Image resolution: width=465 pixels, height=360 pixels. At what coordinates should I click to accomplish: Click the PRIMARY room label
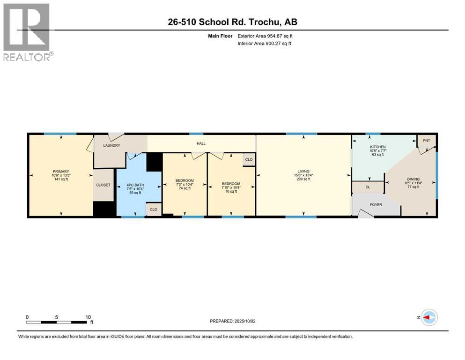61,172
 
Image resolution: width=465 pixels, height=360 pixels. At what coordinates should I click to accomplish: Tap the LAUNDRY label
112,145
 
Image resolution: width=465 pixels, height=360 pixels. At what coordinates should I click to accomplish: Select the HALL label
201,144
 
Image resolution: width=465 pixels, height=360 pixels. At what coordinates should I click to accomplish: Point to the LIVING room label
303,172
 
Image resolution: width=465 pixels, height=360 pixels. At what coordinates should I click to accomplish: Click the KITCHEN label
377,147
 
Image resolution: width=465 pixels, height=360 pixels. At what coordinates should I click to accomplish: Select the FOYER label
376,204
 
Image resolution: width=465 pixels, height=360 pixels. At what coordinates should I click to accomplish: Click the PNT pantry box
426,141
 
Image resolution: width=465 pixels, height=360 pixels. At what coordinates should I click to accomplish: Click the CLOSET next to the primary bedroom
103,185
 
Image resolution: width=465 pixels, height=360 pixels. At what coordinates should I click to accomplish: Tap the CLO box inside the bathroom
153,209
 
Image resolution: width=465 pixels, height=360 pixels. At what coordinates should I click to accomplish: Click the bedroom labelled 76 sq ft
230,187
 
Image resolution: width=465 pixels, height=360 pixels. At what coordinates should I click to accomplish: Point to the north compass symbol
428,317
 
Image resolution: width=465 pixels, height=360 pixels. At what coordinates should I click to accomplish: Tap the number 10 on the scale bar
88,317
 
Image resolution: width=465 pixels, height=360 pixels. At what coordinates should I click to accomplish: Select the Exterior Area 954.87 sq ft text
265,36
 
